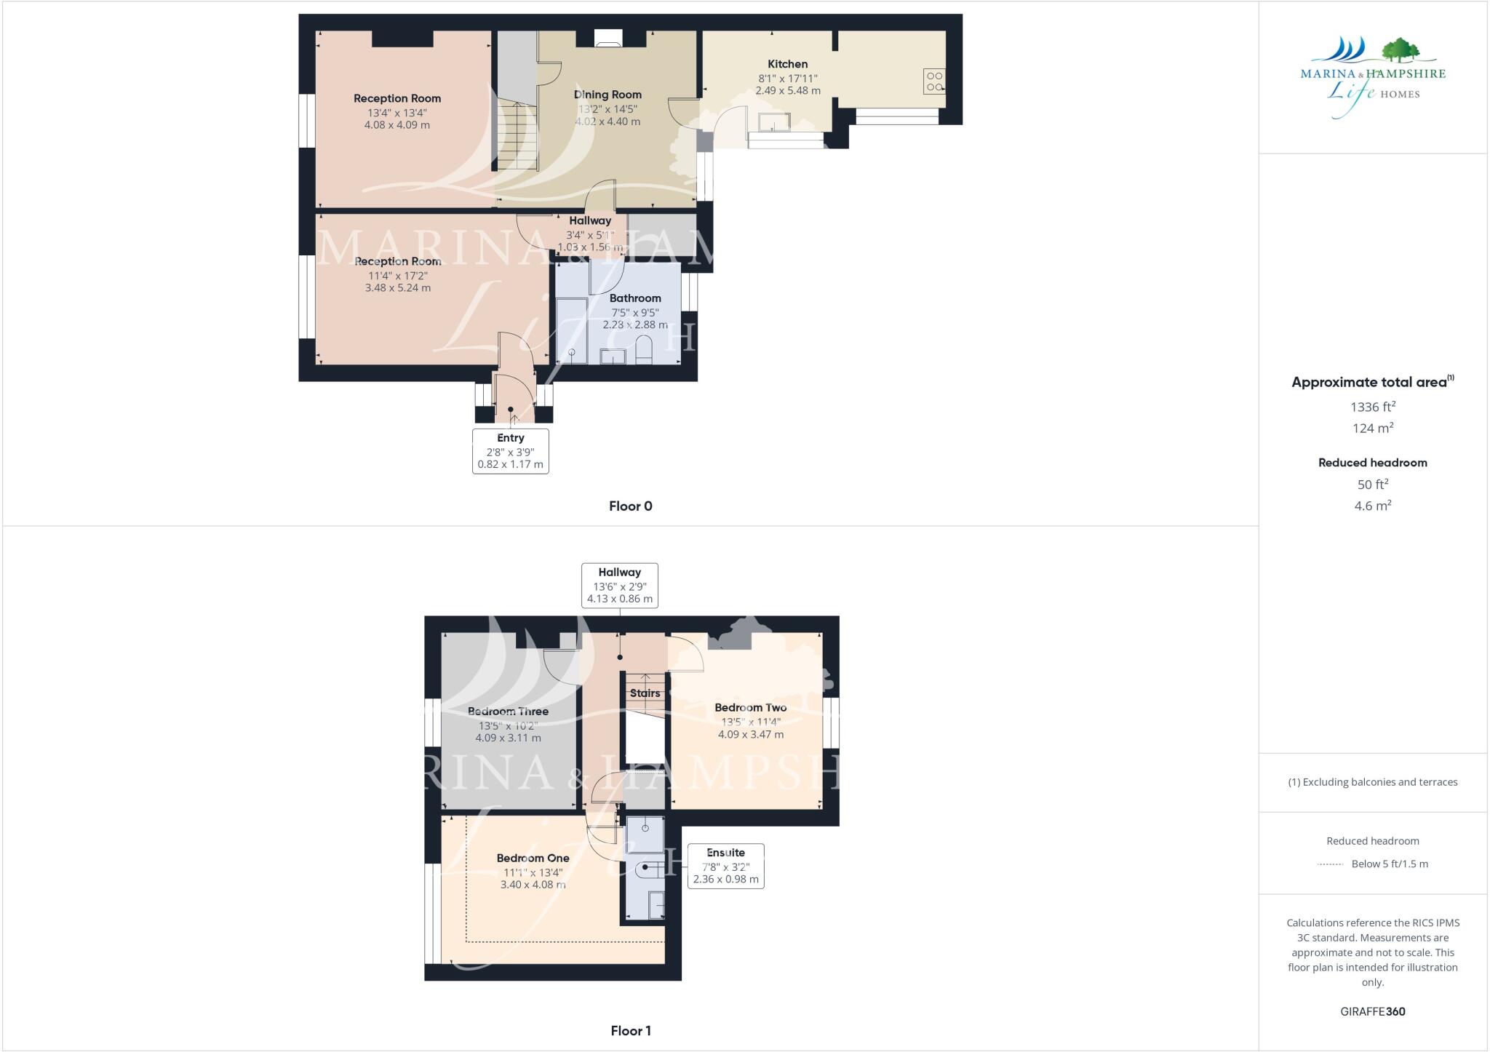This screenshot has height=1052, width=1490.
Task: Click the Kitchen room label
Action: [787, 64]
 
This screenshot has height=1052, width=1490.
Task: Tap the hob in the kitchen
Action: [935, 81]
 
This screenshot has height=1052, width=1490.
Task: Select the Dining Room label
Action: [607, 95]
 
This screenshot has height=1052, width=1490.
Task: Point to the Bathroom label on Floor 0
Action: [635, 298]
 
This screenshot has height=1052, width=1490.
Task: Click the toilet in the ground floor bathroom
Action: [644, 349]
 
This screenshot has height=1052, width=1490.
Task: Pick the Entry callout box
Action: [510, 451]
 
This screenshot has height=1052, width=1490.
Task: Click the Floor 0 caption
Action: [630, 506]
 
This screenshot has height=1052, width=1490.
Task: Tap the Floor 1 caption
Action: [630, 1031]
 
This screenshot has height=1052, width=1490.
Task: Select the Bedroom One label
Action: [533, 858]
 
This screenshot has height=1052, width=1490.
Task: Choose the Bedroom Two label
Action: [750, 708]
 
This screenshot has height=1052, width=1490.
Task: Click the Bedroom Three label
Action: [508, 712]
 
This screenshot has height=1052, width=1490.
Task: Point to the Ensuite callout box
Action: [725, 866]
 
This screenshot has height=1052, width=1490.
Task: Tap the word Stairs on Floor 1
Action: [645, 693]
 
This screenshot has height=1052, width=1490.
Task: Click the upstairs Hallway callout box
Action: [619, 586]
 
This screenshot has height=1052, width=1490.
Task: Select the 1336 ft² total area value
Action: [1372, 407]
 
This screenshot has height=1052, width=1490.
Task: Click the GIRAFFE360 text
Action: [1372, 1011]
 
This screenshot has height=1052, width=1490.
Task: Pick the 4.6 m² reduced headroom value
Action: [1372, 506]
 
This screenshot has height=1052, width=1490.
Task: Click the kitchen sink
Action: [774, 122]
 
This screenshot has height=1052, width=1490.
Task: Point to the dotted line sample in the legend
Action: [1330, 864]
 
